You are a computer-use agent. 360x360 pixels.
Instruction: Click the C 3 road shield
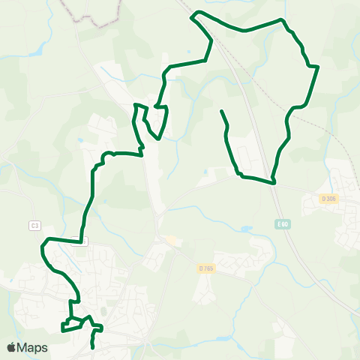click(x=34, y=225)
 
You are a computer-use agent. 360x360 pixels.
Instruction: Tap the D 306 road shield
click(x=328, y=199)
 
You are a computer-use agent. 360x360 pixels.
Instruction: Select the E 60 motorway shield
click(x=282, y=224)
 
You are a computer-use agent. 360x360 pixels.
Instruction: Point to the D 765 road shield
click(x=206, y=268)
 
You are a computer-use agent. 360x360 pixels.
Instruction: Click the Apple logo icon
click(x=11, y=348)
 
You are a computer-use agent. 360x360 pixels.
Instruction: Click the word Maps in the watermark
click(x=33, y=348)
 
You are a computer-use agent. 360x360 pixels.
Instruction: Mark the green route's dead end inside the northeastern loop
click(x=221, y=112)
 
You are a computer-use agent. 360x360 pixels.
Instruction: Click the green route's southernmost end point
click(x=92, y=347)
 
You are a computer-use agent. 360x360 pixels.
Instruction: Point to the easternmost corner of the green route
click(x=319, y=67)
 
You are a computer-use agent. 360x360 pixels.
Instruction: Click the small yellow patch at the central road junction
click(x=172, y=241)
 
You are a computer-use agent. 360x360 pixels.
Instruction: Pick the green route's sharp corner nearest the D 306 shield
click(x=274, y=182)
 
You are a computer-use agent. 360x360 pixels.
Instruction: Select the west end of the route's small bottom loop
click(x=62, y=328)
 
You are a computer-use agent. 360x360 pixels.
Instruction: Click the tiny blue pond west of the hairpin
click(x=80, y=140)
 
